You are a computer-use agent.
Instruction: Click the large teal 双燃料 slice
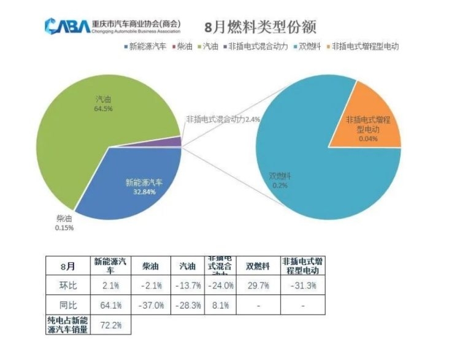(319, 178)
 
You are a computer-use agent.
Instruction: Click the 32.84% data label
(144, 192)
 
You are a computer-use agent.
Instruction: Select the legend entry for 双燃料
(309, 46)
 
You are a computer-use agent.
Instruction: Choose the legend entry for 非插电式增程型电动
(364, 46)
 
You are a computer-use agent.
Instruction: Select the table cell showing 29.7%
(258, 286)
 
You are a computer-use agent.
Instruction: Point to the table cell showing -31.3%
(302, 286)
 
